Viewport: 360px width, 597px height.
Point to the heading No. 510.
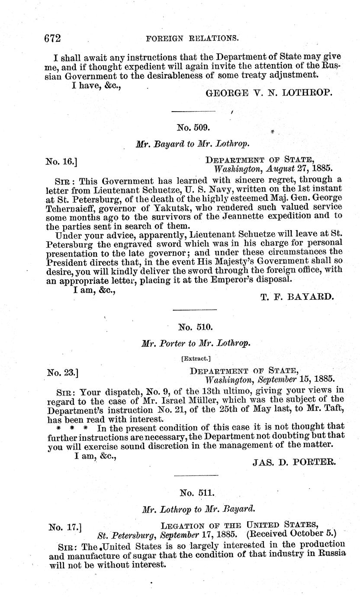coord(193,327)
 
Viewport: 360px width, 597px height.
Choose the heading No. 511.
coord(193,492)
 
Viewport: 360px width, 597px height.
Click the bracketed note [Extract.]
coord(193,358)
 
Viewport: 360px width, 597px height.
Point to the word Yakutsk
coord(158,207)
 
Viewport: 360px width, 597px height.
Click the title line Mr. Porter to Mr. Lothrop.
coord(196,343)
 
